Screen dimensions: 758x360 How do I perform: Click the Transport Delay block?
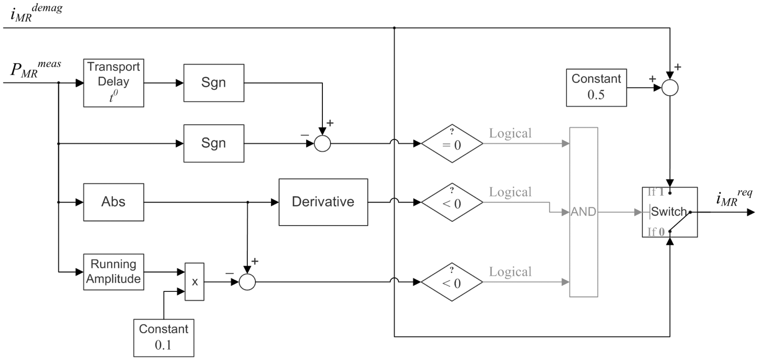(114, 83)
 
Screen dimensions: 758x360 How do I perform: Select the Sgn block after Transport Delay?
(214, 83)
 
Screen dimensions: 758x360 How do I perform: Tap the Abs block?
(114, 202)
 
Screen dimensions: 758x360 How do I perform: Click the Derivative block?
(323, 202)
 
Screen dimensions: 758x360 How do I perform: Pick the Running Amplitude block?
(114, 272)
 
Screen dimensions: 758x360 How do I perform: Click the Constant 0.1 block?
(164, 338)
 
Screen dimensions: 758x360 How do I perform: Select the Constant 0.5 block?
(596, 88)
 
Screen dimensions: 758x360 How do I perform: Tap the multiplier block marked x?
(194, 281)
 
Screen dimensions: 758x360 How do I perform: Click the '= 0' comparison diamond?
(452, 143)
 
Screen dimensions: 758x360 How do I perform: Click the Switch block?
(670, 212)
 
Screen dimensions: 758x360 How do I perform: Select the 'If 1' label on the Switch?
(656, 192)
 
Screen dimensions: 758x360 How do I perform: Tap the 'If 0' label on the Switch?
(656, 232)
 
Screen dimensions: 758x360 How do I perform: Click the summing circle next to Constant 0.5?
(670, 88)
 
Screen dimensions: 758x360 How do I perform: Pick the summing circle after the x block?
(247, 282)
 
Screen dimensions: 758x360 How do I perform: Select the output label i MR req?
(734, 198)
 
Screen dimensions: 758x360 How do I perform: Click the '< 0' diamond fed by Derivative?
(452, 202)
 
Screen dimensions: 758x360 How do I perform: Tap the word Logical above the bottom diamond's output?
(510, 272)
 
